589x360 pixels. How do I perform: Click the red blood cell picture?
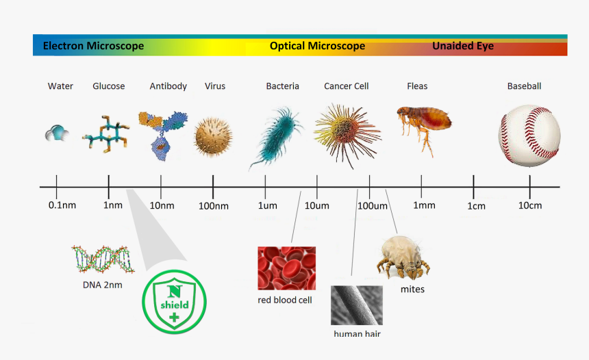coord(286,268)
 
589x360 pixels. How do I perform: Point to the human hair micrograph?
coord(356,305)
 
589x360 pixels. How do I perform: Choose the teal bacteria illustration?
coord(277,134)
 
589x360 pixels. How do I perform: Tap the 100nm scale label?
coord(213,205)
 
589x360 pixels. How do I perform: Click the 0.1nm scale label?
coord(62,205)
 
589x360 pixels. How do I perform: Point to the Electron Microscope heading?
coord(93,47)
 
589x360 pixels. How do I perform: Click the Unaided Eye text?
coord(462,47)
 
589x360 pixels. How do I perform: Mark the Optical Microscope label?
coord(317,47)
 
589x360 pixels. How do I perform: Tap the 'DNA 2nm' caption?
coord(103,285)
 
